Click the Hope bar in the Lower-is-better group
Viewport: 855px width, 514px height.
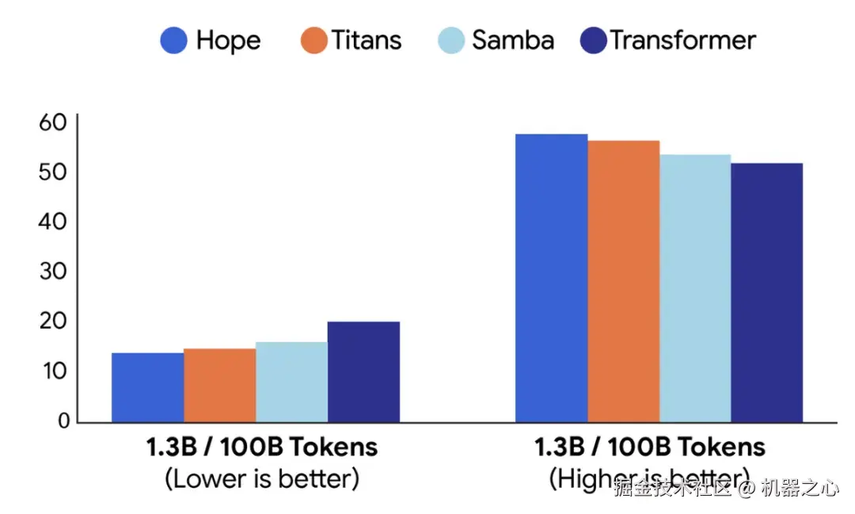tap(148, 387)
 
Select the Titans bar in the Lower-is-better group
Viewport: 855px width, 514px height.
tap(219, 385)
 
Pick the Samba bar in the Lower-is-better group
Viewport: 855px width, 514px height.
tap(291, 382)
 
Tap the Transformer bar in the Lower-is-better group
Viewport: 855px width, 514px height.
tap(363, 371)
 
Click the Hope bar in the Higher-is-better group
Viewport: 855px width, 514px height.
tap(552, 278)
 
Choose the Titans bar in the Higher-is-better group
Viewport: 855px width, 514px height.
tap(624, 281)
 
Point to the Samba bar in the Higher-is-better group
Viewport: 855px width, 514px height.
tap(695, 288)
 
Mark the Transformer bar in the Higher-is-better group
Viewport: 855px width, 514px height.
tap(767, 292)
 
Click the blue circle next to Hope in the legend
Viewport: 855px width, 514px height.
tap(174, 40)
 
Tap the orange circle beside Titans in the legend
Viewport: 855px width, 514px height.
tap(314, 40)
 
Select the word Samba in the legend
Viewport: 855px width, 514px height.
tap(513, 40)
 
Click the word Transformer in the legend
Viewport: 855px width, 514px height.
tap(683, 40)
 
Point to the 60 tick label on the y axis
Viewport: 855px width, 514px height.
tap(52, 123)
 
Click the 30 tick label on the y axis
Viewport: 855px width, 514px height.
tap(52, 272)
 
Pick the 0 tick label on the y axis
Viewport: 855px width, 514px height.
tap(60, 421)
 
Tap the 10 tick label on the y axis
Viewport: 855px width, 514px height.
tap(52, 371)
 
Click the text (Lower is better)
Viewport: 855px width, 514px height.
tap(262, 478)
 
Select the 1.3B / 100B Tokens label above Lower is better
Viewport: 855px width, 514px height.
tap(262, 447)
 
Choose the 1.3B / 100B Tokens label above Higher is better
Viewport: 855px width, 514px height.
tap(650, 447)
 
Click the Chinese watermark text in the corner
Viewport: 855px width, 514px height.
tap(726, 489)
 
